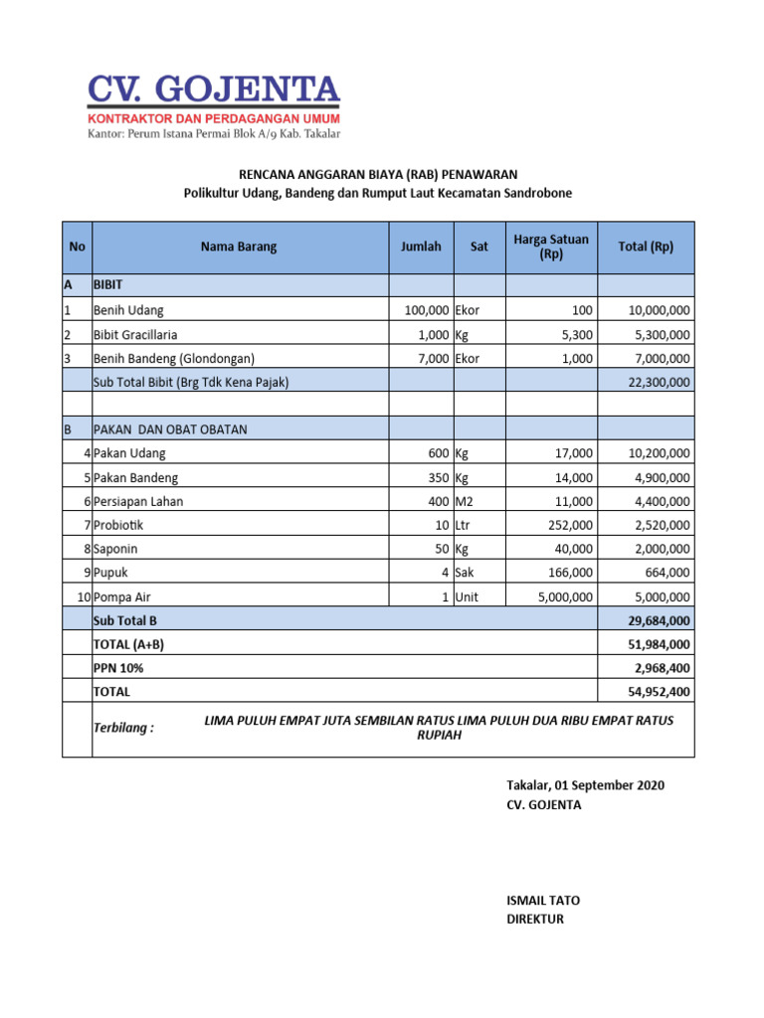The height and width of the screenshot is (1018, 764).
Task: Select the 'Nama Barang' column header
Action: pos(239,247)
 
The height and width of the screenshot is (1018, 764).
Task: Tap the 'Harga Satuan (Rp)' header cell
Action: pos(551,247)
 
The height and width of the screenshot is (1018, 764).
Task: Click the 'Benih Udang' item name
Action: pos(128,310)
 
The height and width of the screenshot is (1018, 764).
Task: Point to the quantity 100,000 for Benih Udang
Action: pos(427,310)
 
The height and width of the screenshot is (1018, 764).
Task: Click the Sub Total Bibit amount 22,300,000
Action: pos(658,382)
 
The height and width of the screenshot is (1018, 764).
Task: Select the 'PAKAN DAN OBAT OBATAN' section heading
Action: pos(170,429)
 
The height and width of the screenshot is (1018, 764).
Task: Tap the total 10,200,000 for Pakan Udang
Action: pos(658,453)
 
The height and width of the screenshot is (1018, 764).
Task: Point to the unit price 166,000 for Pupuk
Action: pos(570,573)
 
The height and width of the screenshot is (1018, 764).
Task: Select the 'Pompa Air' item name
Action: pos(123,596)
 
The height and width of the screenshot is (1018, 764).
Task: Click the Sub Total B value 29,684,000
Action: pos(658,620)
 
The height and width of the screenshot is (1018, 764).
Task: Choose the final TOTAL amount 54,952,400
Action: pos(658,691)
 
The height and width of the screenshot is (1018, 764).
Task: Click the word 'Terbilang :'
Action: pos(123,728)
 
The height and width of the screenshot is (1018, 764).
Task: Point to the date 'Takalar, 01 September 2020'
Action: pos(585,785)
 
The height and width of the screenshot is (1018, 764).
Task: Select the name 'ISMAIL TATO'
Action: pos(543,901)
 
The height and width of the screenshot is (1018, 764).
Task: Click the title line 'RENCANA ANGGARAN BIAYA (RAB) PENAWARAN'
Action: pos(378,174)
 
